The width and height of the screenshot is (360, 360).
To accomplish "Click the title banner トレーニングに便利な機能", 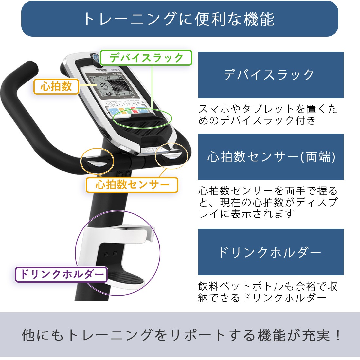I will click(180, 19).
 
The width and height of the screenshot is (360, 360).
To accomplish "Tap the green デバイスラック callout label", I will click(146, 58).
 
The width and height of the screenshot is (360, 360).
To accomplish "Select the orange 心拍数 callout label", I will click(56, 86).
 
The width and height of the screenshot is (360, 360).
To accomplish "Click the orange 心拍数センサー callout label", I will click(132, 185).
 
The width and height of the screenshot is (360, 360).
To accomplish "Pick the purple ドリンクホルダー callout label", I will click(62, 274).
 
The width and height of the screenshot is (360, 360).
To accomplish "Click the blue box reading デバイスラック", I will click(271, 75).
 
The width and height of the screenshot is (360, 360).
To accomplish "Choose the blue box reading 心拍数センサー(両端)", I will click(271, 157).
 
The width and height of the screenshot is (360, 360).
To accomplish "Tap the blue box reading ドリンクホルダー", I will click(271, 252).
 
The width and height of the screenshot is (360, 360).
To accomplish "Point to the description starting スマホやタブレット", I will click(268, 115).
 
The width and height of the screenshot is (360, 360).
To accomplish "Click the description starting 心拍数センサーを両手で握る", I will click(268, 202).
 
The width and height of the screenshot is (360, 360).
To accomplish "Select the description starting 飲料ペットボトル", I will click(268, 292).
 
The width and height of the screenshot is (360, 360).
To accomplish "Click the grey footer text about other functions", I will click(180, 335).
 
